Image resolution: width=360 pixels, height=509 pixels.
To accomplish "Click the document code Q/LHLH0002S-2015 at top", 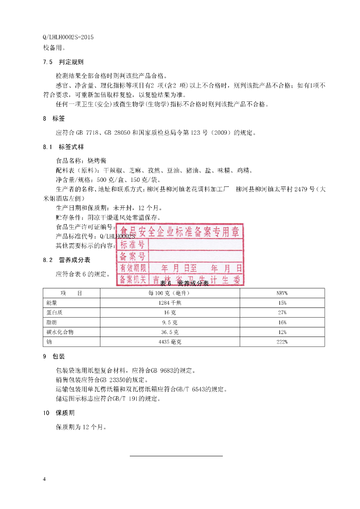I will pyautogui.click(x=69, y=37).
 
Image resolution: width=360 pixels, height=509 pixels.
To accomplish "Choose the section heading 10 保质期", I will pyautogui.click(x=59, y=413).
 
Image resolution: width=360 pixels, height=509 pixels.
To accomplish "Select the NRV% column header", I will pyautogui.click(x=282, y=293).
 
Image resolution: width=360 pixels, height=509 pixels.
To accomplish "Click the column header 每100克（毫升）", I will pyautogui.click(x=170, y=293).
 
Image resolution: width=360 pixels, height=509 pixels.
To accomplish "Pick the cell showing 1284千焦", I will pyautogui.click(x=170, y=303).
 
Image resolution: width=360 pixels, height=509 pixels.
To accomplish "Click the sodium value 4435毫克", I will pyautogui.click(x=170, y=342).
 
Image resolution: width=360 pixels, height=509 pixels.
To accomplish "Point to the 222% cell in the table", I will pyautogui.click(x=282, y=342).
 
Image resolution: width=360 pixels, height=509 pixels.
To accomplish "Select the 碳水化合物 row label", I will pyautogui.click(x=60, y=332).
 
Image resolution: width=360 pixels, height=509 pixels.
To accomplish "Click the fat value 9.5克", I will pyautogui.click(x=170, y=322).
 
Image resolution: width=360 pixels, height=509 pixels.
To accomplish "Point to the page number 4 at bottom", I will pyautogui.click(x=45, y=479).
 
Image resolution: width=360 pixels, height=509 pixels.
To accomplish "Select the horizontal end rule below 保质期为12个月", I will pyautogui.click(x=176, y=455).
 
